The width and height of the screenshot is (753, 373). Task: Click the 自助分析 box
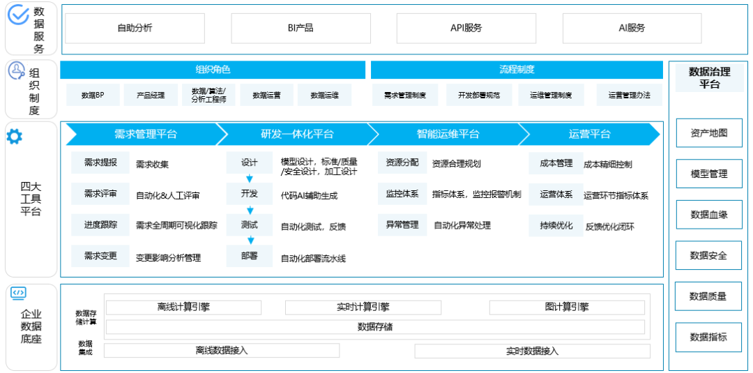(x=135, y=29)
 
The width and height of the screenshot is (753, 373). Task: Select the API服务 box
(x=466, y=29)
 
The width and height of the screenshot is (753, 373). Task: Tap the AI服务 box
(x=632, y=29)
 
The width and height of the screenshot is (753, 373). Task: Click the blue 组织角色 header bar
(x=213, y=70)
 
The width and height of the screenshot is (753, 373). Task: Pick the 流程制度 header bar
(x=517, y=70)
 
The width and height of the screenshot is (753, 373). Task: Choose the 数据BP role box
(x=93, y=95)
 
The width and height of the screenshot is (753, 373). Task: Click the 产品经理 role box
(x=151, y=95)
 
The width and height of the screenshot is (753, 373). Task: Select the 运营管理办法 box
(x=629, y=95)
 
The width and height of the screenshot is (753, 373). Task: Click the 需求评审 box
(x=100, y=194)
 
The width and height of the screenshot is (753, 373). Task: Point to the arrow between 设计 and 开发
(x=250, y=178)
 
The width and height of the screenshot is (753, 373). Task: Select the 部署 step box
(x=250, y=256)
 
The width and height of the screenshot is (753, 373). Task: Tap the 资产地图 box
(x=709, y=133)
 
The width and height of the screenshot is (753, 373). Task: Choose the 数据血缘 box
(x=709, y=214)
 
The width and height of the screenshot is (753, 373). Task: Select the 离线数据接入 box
(x=222, y=351)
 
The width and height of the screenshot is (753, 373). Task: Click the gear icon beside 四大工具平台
(x=14, y=137)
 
